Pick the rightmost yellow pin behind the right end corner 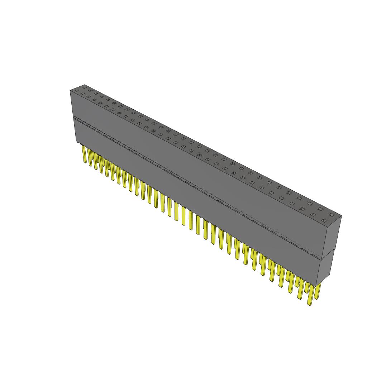(x=318, y=290)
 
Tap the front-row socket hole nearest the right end (x=324, y=220)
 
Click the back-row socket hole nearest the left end (x=85, y=86)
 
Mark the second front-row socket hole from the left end (x=83, y=94)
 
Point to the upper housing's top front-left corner (x=70, y=91)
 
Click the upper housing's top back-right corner (x=341, y=216)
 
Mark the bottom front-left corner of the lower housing (x=75, y=142)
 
